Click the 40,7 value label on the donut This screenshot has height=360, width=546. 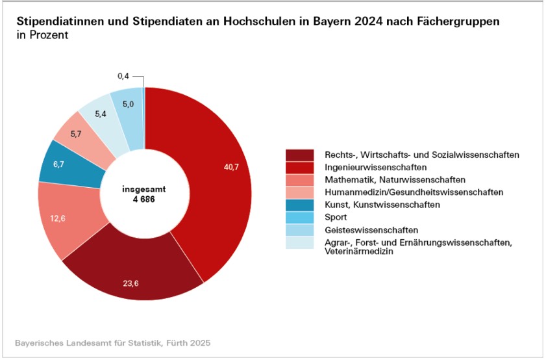coord(231,168)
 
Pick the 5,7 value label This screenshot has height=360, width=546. coord(75,134)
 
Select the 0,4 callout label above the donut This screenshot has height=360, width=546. coord(124,77)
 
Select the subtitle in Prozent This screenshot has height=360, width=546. coord(42,35)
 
